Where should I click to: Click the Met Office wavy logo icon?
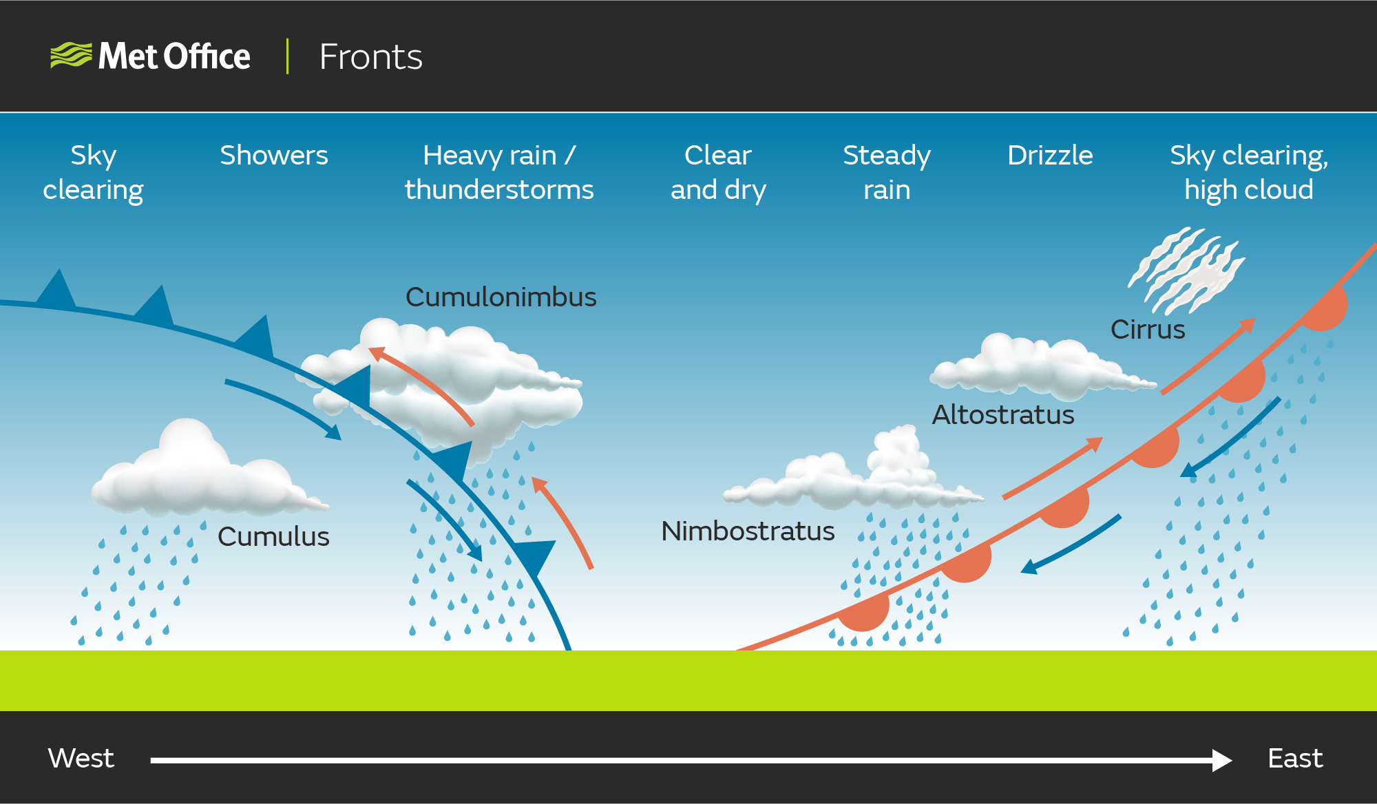pyautogui.click(x=71, y=55)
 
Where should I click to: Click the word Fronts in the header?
pyautogui.click(x=370, y=56)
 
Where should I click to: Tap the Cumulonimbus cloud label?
pyautogui.click(x=501, y=297)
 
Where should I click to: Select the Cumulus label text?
pyautogui.click(x=273, y=536)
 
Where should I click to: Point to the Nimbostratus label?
pyautogui.click(x=748, y=531)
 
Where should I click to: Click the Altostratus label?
pyautogui.click(x=1003, y=414)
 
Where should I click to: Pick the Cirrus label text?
pyautogui.click(x=1148, y=329)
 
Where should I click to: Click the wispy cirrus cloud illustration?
pyautogui.click(x=1186, y=271)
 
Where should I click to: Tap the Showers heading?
pyautogui.click(x=274, y=155)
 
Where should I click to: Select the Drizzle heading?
pyautogui.click(x=1050, y=155)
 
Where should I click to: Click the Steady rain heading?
pyautogui.click(x=887, y=172)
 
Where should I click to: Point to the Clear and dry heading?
pyautogui.click(x=718, y=172)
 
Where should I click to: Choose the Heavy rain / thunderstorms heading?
pyautogui.click(x=499, y=172)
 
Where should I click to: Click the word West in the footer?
pyautogui.click(x=81, y=758)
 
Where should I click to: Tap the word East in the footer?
pyautogui.click(x=1295, y=758)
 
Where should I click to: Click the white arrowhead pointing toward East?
pyautogui.click(x=1221, y=760)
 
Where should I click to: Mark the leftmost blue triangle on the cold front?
pyautogui.click(x=56, y=288)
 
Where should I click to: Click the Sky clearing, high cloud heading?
pyautogui.click(x=1249, y=172)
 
